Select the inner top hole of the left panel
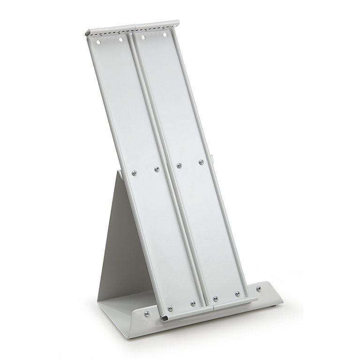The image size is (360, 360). (121, 40)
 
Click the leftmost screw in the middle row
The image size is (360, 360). (134, 172)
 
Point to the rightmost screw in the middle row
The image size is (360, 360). (201, 162)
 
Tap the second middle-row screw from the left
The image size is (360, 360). (157, 169)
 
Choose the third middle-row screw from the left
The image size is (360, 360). (179, 165)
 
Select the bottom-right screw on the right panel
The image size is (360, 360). (238, 293)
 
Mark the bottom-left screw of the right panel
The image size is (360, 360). (215, 298)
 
